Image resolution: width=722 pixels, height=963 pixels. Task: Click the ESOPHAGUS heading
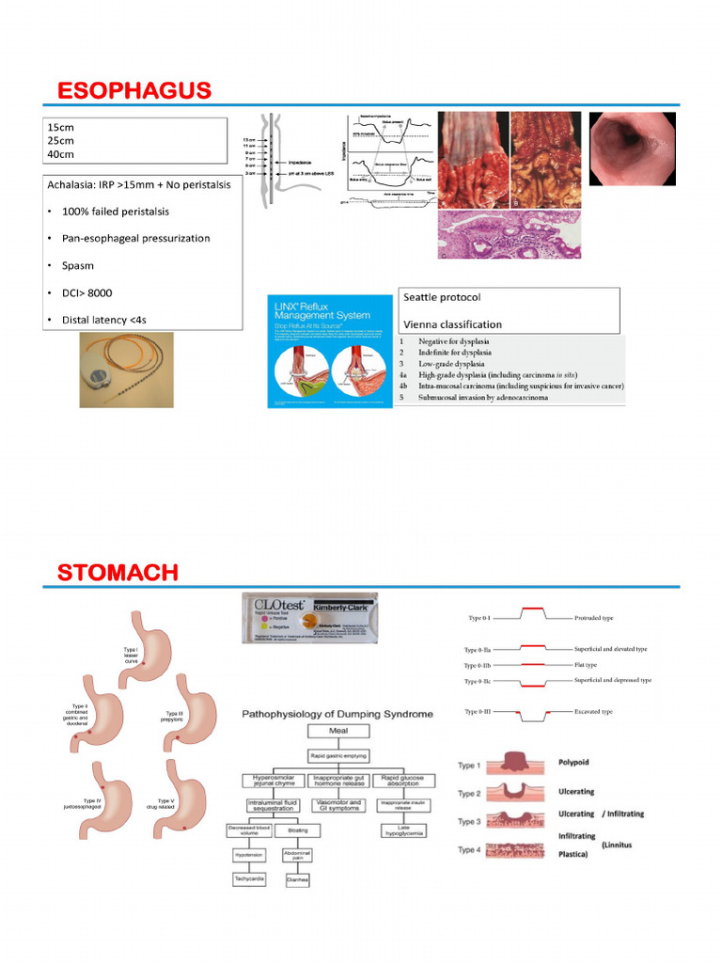[x=133, y=90]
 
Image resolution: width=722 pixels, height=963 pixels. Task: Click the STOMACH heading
[x=118, y=572]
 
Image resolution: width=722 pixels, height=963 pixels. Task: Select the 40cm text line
[x=60, y=154]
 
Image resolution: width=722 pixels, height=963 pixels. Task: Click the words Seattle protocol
[x=442, y=297]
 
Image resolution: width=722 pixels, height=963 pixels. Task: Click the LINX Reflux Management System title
[x=319, y=310]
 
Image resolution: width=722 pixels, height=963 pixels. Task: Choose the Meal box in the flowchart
[x=337, y=730]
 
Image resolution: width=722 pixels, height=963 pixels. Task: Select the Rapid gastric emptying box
[x=337, y=755]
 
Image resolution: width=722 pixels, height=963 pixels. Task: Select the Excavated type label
[x=593, y=712]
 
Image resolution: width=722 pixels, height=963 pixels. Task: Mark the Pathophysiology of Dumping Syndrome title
[x=337, y=714]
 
